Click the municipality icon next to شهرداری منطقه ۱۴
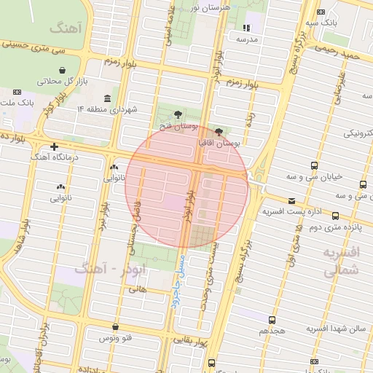(x=108, y=99)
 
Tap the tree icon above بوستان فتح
(x=178, y=114)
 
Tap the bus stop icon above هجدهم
(x=272, y=319)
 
